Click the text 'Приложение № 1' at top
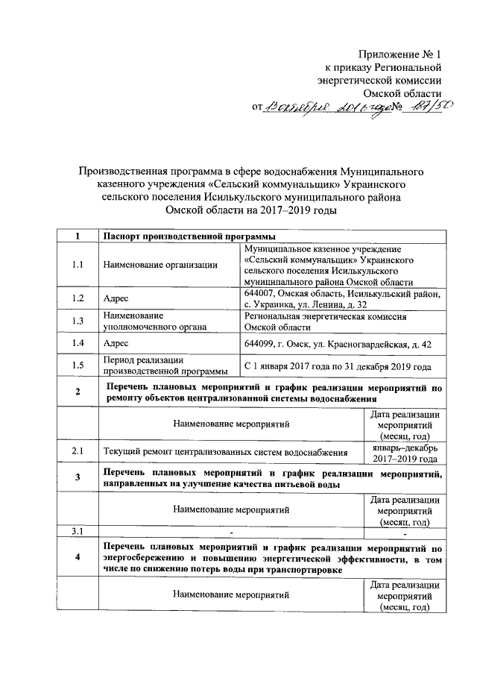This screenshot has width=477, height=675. pyautogui.click(x=401, y=54)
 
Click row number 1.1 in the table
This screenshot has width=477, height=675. pyautogui.click(x=78, y=264)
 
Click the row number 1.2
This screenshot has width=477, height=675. pyautogui.click(x=78, y=298)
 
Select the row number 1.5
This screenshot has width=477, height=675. pyautogui.click(x=78, y=365)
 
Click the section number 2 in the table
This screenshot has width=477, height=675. pyautogui.click(x=78, y=393)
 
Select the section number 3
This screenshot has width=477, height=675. pyautogui.click(x=78, y=479)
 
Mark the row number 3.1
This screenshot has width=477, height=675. pyautogui.click(x=78, y=532)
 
